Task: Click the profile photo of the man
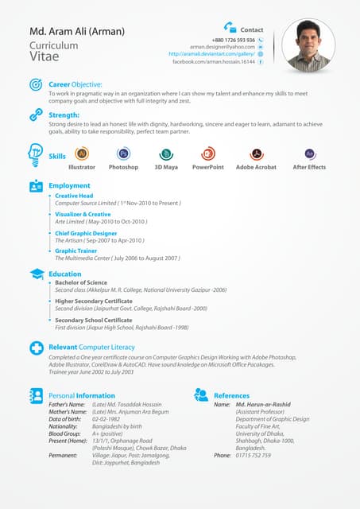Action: (x=308, y=45)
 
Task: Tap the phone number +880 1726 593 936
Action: (x=234, y=40)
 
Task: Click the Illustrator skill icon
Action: (x=82, y=154)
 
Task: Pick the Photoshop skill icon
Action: (x=123, y=154)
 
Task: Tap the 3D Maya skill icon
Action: (x=166, y=154)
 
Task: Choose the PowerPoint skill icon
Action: (x=207, y=154)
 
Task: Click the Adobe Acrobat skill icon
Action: (x=256, y=154)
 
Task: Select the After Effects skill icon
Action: (x=309, y=154)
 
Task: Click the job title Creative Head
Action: (x=74, y=196)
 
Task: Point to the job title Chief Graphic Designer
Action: (x=86, y=233)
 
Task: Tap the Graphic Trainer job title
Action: (x=77, y=251)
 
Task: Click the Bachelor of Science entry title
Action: (x=80, y=282)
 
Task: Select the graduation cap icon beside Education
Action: (x=37, y=274)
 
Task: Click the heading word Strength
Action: (x=64, y=115)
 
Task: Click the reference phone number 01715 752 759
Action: (x=254, y=456)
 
